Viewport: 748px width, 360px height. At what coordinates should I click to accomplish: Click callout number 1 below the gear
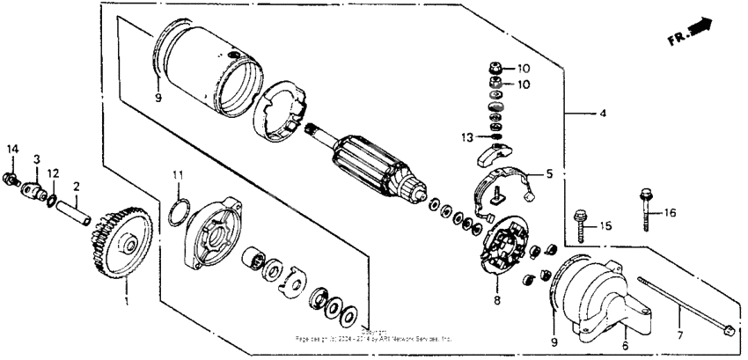[125, 301]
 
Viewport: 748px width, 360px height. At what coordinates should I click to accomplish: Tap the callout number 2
[77, 187]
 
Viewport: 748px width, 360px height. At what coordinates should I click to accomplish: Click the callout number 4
[602, 114]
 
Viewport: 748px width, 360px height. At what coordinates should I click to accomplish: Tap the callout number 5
[549, 174]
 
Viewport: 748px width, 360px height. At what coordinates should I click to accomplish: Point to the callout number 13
[468, 137]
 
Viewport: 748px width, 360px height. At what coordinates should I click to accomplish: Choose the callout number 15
[604, 226]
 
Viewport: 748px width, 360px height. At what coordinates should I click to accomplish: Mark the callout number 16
[671, 212]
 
